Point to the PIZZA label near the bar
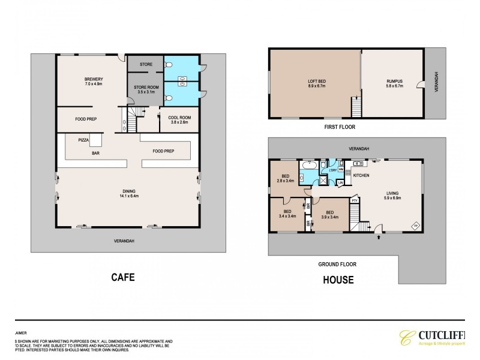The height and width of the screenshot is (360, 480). tap(84, 139)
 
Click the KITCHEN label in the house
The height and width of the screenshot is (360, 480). tap(361, 175)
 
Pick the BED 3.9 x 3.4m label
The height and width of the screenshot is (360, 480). tap(330, 214)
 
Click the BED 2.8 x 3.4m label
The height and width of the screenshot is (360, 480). tap(284, 178)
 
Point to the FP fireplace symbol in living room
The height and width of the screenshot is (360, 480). tap(413, 226)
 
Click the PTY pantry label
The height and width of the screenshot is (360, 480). tap(355, 202)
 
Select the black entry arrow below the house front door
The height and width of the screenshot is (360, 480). tap(378, 238)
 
